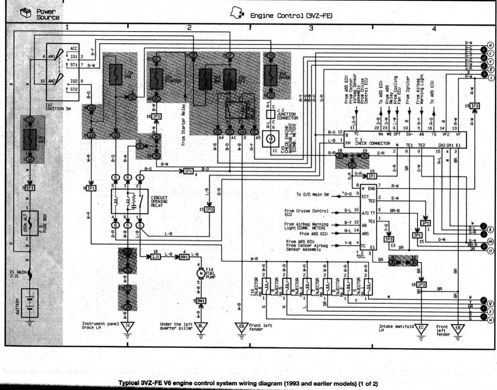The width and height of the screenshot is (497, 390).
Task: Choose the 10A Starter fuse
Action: coord(157,78)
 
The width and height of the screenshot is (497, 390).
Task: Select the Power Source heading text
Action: coord(48,15)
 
